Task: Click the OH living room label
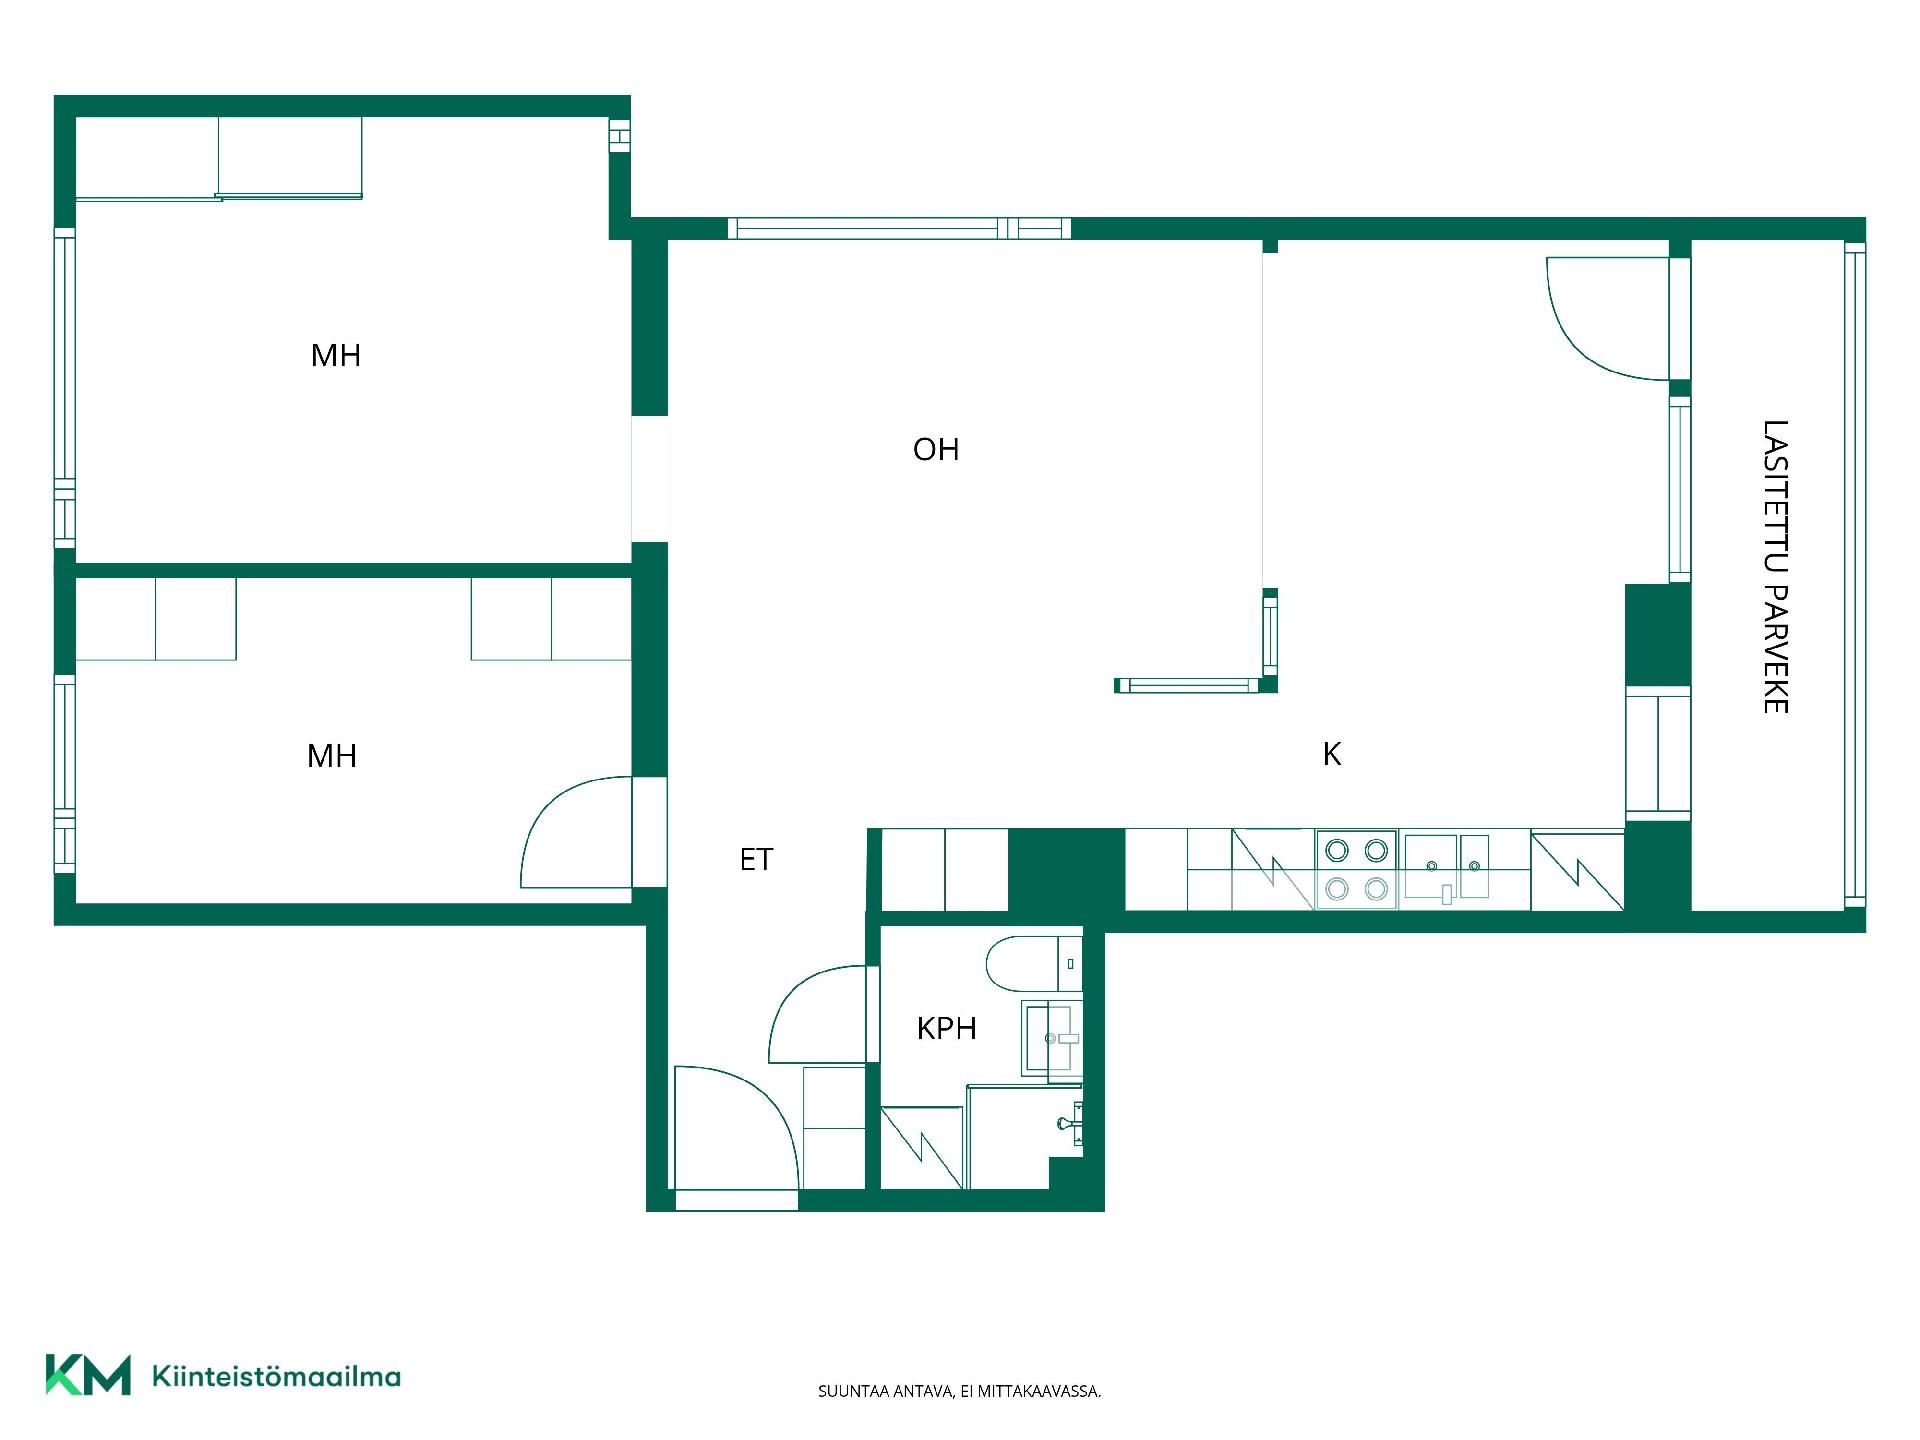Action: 936,450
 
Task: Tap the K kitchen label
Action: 1332,754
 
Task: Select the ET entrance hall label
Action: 756,859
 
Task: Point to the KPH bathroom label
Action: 946,1028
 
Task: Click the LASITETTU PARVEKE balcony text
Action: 1775,566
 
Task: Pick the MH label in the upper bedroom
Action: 336,355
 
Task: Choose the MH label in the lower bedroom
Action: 332,756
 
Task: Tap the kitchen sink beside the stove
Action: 1447,867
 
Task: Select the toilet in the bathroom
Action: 1033,964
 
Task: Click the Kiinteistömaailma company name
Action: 276,1377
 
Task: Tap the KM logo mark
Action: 88,1375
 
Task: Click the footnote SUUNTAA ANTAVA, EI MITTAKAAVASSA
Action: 959,1391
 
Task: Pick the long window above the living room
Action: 899,228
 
